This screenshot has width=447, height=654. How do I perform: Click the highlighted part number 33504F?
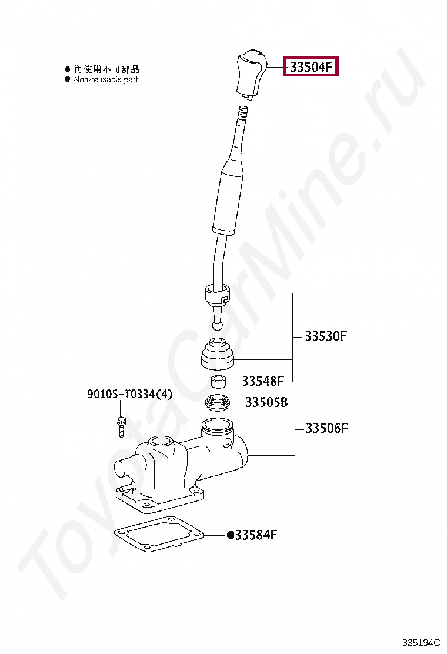pos(311,66)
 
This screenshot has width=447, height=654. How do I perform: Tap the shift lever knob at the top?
pos(250,75)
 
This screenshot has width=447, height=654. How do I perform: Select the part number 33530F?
pos(325,336)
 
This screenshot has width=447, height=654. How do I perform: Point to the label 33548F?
pos(263,381)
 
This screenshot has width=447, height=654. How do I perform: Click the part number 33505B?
pos(266,402)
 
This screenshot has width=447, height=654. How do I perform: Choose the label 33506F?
pos(326,428)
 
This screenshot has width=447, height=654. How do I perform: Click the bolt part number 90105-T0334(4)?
pos(129,393)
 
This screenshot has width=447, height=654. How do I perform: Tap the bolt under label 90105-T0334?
pos(121,426)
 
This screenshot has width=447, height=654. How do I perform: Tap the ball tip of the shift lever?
pos(217,325)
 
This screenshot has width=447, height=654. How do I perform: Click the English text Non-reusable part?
pos(105,79)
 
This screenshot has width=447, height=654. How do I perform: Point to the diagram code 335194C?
pos(421,642)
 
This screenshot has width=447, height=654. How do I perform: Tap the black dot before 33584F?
pos(230,535)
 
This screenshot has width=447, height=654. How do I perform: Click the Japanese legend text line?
pos(106,69)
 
